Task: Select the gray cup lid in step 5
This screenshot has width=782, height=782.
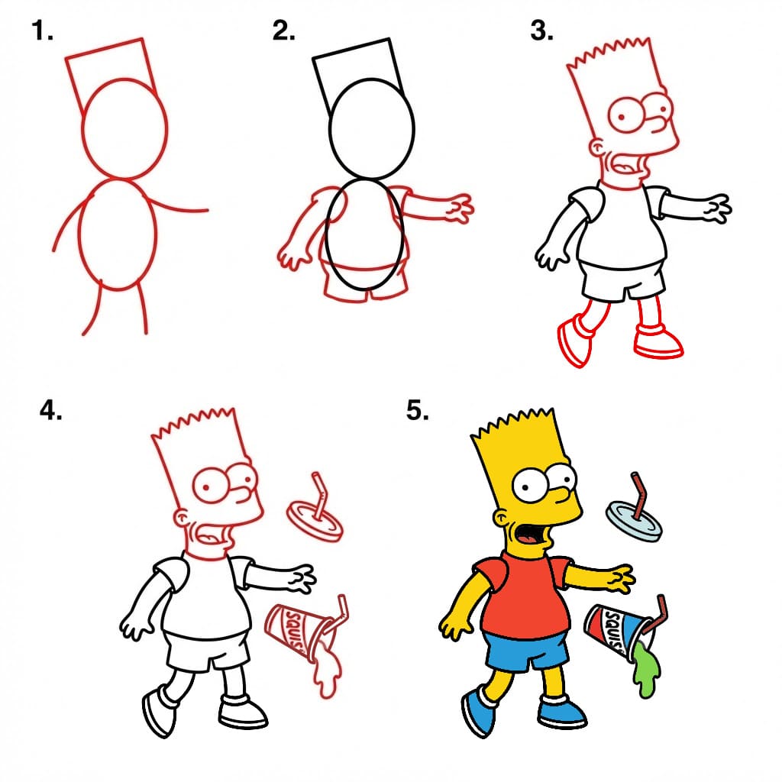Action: click(633, 522)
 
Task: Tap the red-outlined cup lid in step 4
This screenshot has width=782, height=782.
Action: click(315, 519)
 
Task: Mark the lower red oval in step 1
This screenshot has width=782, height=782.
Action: click(118, 234)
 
